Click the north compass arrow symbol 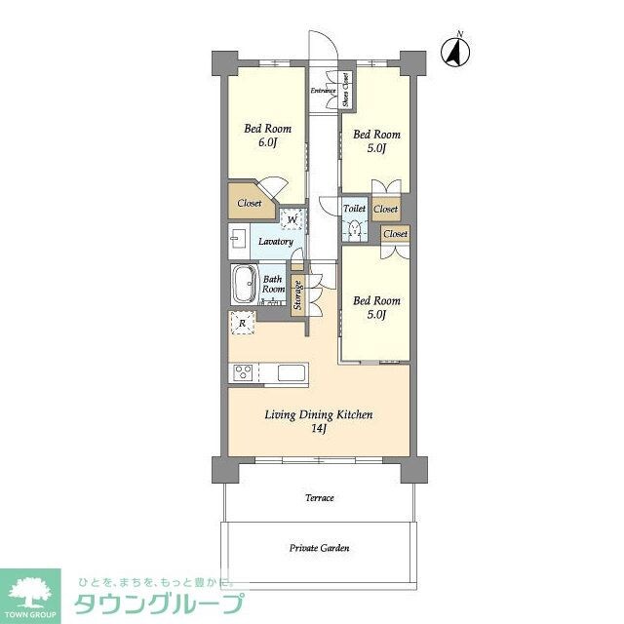click(x=454, y=51)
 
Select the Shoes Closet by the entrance click(x=346, y=92)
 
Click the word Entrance click(x=323, y=91)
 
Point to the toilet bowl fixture click(x=355, y=229)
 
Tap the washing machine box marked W click(x=292, y=218)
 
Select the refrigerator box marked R click(x=242, y=323)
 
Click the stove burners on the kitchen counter click(x=243, y=372)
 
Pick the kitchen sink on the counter click(x=292, y=372)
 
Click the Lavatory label click(x=276, y=241)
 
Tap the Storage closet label click(x=297, y=295)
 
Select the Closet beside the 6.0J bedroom click(x=249, y=204)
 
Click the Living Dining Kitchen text click(x=319, y=415)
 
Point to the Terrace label click(x=319, y=498)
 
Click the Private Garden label click(x=319, y=548)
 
